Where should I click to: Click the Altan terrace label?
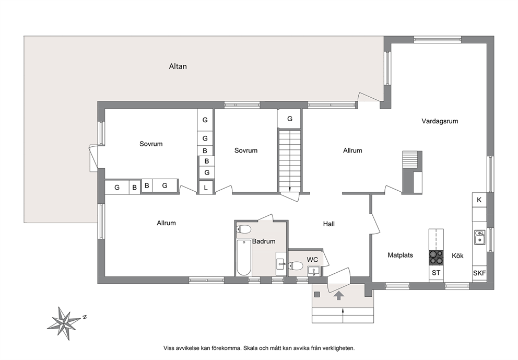(x=178, y=66)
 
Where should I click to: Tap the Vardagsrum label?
(x=440, y=121)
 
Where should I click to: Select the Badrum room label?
(x=264, y=241)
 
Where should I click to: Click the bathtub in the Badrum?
(x=244, y=258)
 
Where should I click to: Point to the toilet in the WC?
(x=296, y=265)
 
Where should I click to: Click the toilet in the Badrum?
(x=244, y=229)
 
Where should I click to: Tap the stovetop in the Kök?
(x=436, y=258)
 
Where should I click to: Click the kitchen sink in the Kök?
(x=479, y=237)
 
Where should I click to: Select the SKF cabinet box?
(x=479, y=273)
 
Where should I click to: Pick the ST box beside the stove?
(x=436, y=273)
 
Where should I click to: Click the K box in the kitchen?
(x=479, y=200)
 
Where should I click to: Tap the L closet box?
(x=206, y=188)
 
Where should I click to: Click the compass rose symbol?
(x=63, y=323)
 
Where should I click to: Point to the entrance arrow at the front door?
(x=338, y=295)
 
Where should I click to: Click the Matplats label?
(x=401, y=255)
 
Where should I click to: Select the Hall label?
(x=328, y=224)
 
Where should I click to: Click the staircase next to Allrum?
(x=290, y=160)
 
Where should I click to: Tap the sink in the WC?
(x=313, y=271)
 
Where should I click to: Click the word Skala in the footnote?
(x=251, y=348)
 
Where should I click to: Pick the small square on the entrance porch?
(x=317, y=294)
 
